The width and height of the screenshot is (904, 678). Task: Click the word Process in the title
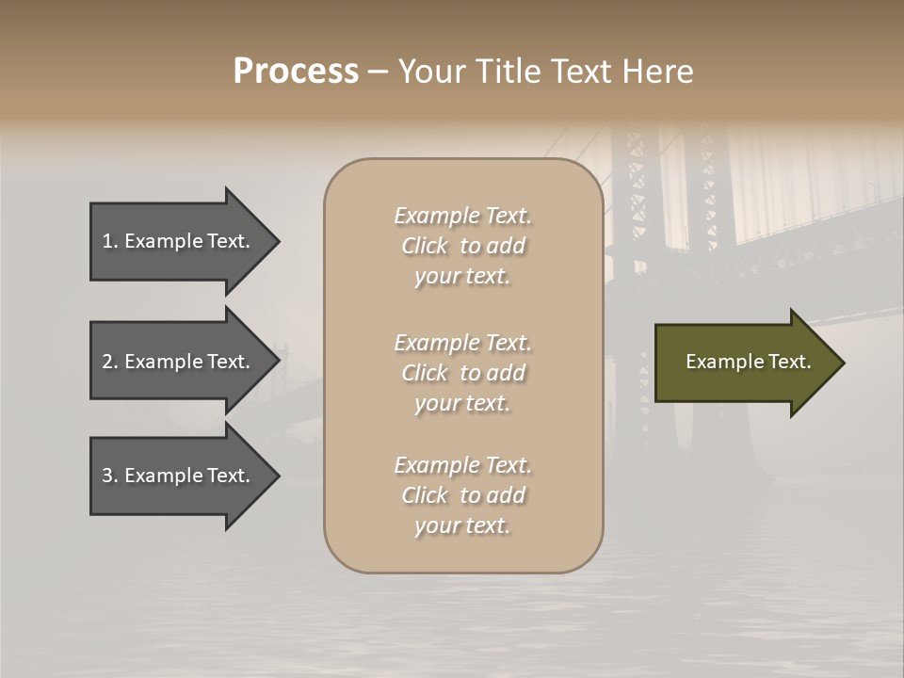(296, 72)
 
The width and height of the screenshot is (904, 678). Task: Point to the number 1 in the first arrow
(107, 241)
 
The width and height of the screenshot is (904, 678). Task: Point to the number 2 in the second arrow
(107, 362)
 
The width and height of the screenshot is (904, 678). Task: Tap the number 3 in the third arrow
(107, 476)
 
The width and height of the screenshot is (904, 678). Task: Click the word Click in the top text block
(425, 246)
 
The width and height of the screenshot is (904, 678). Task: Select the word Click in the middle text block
(425, 373)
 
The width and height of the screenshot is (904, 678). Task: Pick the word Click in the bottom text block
(425, 495)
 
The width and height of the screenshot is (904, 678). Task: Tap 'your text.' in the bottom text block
(462, 525)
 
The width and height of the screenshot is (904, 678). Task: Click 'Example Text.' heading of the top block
(462, 216)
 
